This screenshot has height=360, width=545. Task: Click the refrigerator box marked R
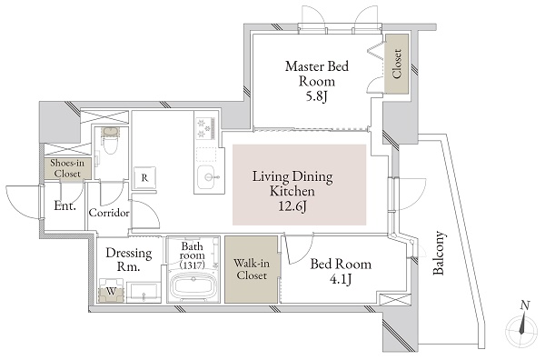pos(144,177)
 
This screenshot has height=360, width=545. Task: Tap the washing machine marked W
pos(111,292)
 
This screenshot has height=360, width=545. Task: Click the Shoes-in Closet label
pos(68,170)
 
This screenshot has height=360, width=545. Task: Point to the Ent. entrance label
pos(64,206)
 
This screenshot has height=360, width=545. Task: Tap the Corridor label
pos(109,213)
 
